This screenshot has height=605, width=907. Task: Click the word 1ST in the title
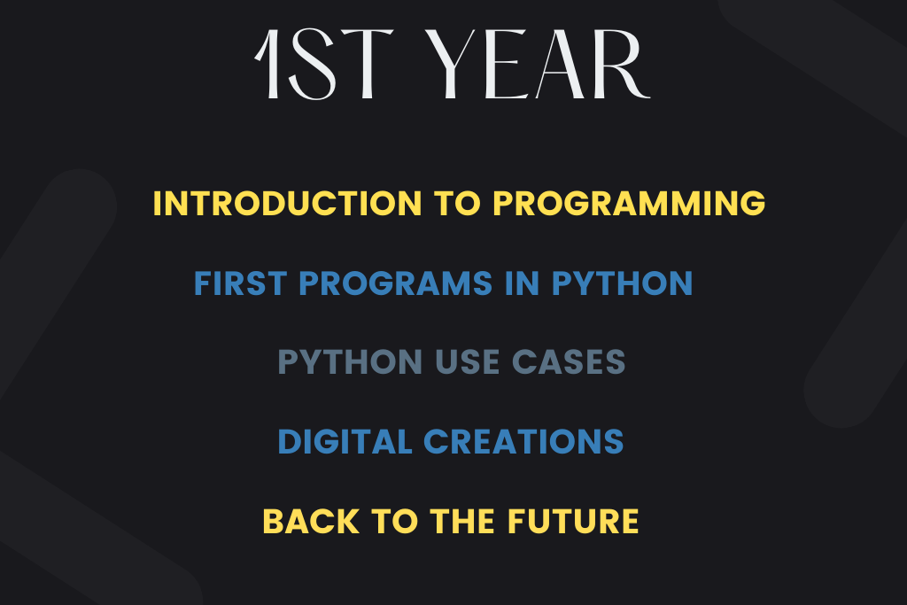[x=324, y=64]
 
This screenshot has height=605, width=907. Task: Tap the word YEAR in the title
[x=538, y=64]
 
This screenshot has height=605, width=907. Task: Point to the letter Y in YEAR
[x=452, y=64]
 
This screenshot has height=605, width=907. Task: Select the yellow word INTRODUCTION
[x=288, y=204]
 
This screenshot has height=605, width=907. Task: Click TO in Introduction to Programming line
[x=458, y=204]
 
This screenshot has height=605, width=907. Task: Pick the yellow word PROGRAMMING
[x=630, y=204]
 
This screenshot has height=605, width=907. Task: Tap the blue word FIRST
[x=240, y=283]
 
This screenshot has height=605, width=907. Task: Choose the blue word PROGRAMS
[x=395, y=283]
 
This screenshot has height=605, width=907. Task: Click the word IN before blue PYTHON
[x=522, y=283]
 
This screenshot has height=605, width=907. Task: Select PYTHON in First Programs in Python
[x=622, y=283]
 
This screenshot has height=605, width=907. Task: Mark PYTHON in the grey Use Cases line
[x=350, y=362]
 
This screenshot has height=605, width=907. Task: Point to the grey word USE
[x=467, y=362]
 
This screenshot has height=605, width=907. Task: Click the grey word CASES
[x=569, y=362]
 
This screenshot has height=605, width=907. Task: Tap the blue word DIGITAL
[x=345, y=442]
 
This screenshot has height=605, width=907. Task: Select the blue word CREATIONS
[x=524, y=442]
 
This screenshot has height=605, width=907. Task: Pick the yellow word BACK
[x=311, y=521]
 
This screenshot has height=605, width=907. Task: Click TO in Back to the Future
[x=394, y=521]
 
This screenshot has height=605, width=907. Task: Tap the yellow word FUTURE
[x=573, y=521]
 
